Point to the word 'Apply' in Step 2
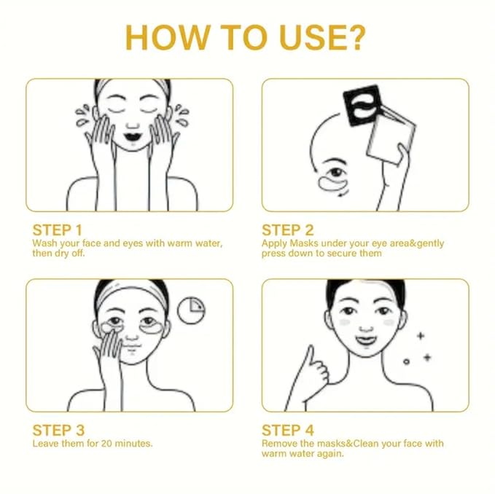[274, 243]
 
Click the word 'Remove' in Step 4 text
[279, 443]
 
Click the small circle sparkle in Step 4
[406, 361]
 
